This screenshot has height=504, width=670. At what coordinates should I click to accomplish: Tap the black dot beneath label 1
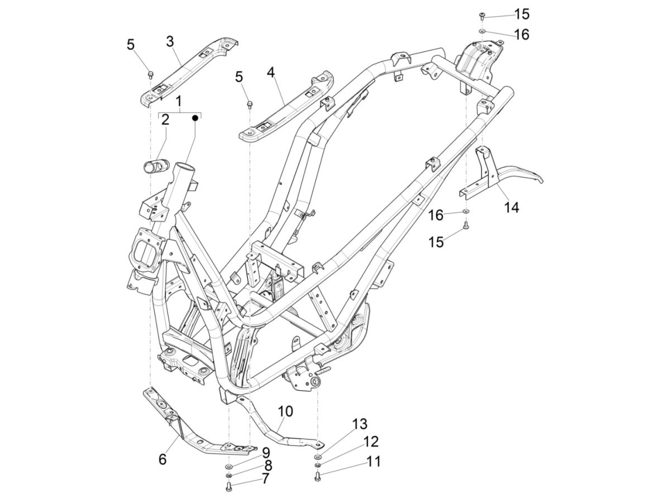pos(195,118)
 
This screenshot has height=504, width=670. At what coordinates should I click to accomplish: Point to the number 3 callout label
pos(170,41)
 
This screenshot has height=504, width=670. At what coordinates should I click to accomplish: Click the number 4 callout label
pos(270,72)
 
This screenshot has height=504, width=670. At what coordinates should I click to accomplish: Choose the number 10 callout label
pos(285,411)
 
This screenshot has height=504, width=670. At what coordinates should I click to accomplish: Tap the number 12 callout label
pos(371,442)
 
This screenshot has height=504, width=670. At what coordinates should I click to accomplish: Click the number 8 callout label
pos(268,466)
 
